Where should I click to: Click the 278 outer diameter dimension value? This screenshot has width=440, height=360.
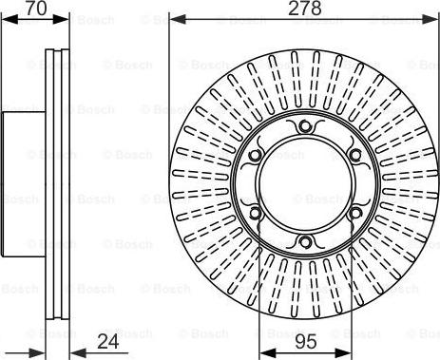tap(304, 9)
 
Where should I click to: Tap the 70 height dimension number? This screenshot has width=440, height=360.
tap(36, 9)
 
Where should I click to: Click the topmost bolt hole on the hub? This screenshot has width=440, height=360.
tap(303, 128)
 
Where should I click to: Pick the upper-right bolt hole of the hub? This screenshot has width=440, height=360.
tap(354, 156)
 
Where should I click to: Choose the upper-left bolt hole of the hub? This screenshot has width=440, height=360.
tap(254, 156)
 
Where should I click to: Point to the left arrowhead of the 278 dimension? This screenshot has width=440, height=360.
tap(175, 18)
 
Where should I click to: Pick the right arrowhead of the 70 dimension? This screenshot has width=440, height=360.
tap(67, 18)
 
